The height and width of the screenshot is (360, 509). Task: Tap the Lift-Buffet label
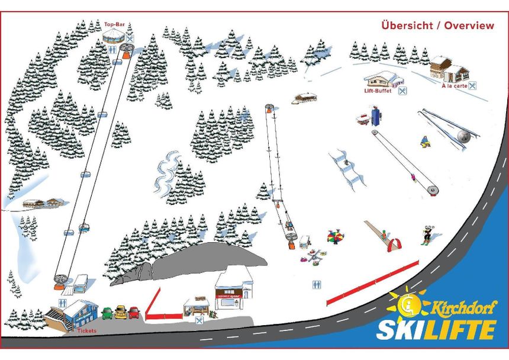[x=378, y=91]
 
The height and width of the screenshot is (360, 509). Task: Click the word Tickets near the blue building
[x=86, y=330]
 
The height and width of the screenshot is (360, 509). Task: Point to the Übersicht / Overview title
[x=437, y=25]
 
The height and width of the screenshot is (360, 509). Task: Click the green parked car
[x=107, y=313]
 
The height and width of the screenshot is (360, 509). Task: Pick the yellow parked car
[x=121, y=312]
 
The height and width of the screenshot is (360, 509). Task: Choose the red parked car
[x=134, y=312]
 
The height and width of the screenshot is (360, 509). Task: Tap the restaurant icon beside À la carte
[x=472, y=86]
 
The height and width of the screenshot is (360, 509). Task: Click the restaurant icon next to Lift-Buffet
[x=402, y=91]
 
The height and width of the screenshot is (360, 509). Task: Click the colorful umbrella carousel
[x=336, y=237]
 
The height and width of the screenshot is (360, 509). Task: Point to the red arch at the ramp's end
[x=394, y=243]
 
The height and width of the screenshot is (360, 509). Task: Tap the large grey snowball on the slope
[x=464, y=136]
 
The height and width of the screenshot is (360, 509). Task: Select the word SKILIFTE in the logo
[x=436, y=329]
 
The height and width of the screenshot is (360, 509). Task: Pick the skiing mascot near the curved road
[x=427, y=234]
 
